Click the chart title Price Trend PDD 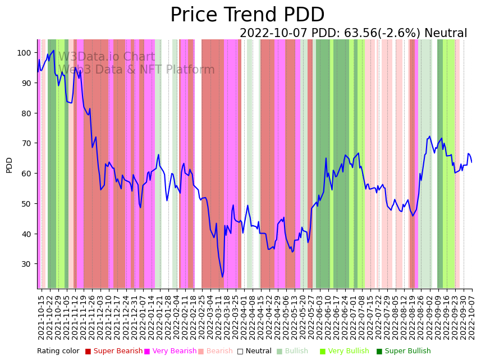247,15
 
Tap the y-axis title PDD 9,165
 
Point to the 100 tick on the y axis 24,53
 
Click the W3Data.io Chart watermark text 107,57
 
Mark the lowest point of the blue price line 222,277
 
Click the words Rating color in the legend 58,351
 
